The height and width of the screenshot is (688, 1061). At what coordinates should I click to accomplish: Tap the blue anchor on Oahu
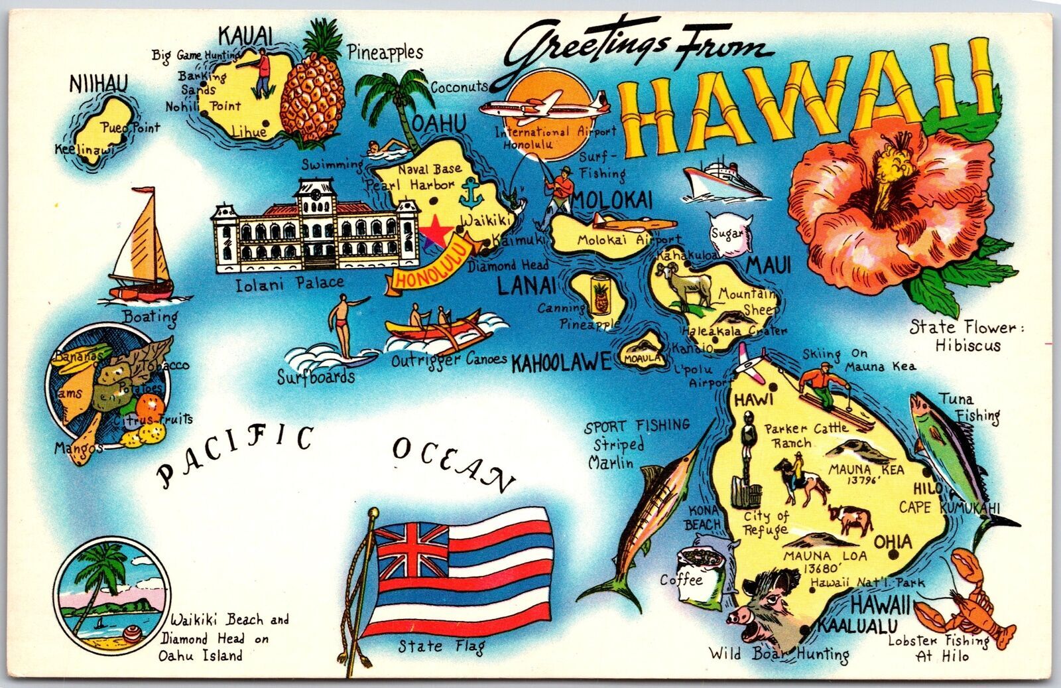[x=469, y=196]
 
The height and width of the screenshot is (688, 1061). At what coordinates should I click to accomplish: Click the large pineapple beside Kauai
[x=312, y=96]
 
